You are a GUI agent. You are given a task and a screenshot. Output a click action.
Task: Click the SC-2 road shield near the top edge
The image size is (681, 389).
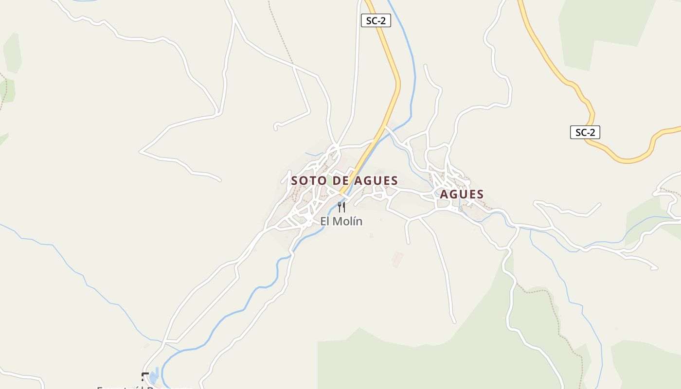[x=376, y=21]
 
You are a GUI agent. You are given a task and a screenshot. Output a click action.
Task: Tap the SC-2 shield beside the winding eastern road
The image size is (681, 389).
[x=585, y=132]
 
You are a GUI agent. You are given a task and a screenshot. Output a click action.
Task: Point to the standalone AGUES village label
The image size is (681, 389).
[x=462, y=194]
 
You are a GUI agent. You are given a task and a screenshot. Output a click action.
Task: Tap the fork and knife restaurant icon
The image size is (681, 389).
[x=341, y=207]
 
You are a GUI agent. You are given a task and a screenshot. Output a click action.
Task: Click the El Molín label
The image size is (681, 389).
[x=341, y=221]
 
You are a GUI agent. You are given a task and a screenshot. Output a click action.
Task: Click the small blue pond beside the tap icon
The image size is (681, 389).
[x=154, y=376]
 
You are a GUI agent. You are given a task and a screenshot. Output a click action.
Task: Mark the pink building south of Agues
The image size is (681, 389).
[x=397, y=259]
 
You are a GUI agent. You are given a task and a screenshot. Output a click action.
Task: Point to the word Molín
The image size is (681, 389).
[x=348, y=221]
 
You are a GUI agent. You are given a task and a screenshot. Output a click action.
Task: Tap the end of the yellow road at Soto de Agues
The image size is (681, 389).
[x=342, y=194]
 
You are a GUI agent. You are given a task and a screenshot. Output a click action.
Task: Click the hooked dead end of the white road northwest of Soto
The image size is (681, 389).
[x=276, y=127]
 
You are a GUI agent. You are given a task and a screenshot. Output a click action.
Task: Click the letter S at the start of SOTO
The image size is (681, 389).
[x=294, y=181]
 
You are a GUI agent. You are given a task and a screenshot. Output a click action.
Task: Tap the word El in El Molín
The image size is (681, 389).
[x=325, y=221]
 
